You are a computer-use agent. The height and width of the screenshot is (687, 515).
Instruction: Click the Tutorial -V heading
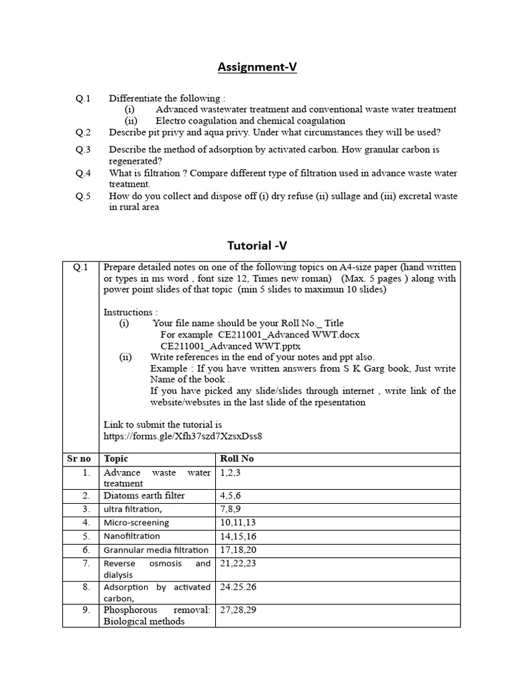coord(257,246)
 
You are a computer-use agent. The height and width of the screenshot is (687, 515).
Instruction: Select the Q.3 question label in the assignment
coord(83,150)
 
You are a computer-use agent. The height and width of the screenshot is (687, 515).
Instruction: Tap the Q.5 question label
coord(83,196)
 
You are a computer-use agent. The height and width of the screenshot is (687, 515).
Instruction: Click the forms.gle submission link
coord(182,436)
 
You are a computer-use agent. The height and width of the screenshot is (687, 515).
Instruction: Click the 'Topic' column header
coord(115,459)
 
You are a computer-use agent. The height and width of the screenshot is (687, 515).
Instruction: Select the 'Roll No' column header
coord(237,459)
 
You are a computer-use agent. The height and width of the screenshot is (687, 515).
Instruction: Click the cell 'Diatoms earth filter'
coord(144,496)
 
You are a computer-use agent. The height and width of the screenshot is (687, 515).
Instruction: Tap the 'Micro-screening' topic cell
coord(136,523)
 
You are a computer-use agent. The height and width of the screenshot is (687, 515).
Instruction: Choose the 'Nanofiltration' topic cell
coord(132,536)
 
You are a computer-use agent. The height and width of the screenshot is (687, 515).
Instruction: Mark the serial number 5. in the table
coord(86,536)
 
